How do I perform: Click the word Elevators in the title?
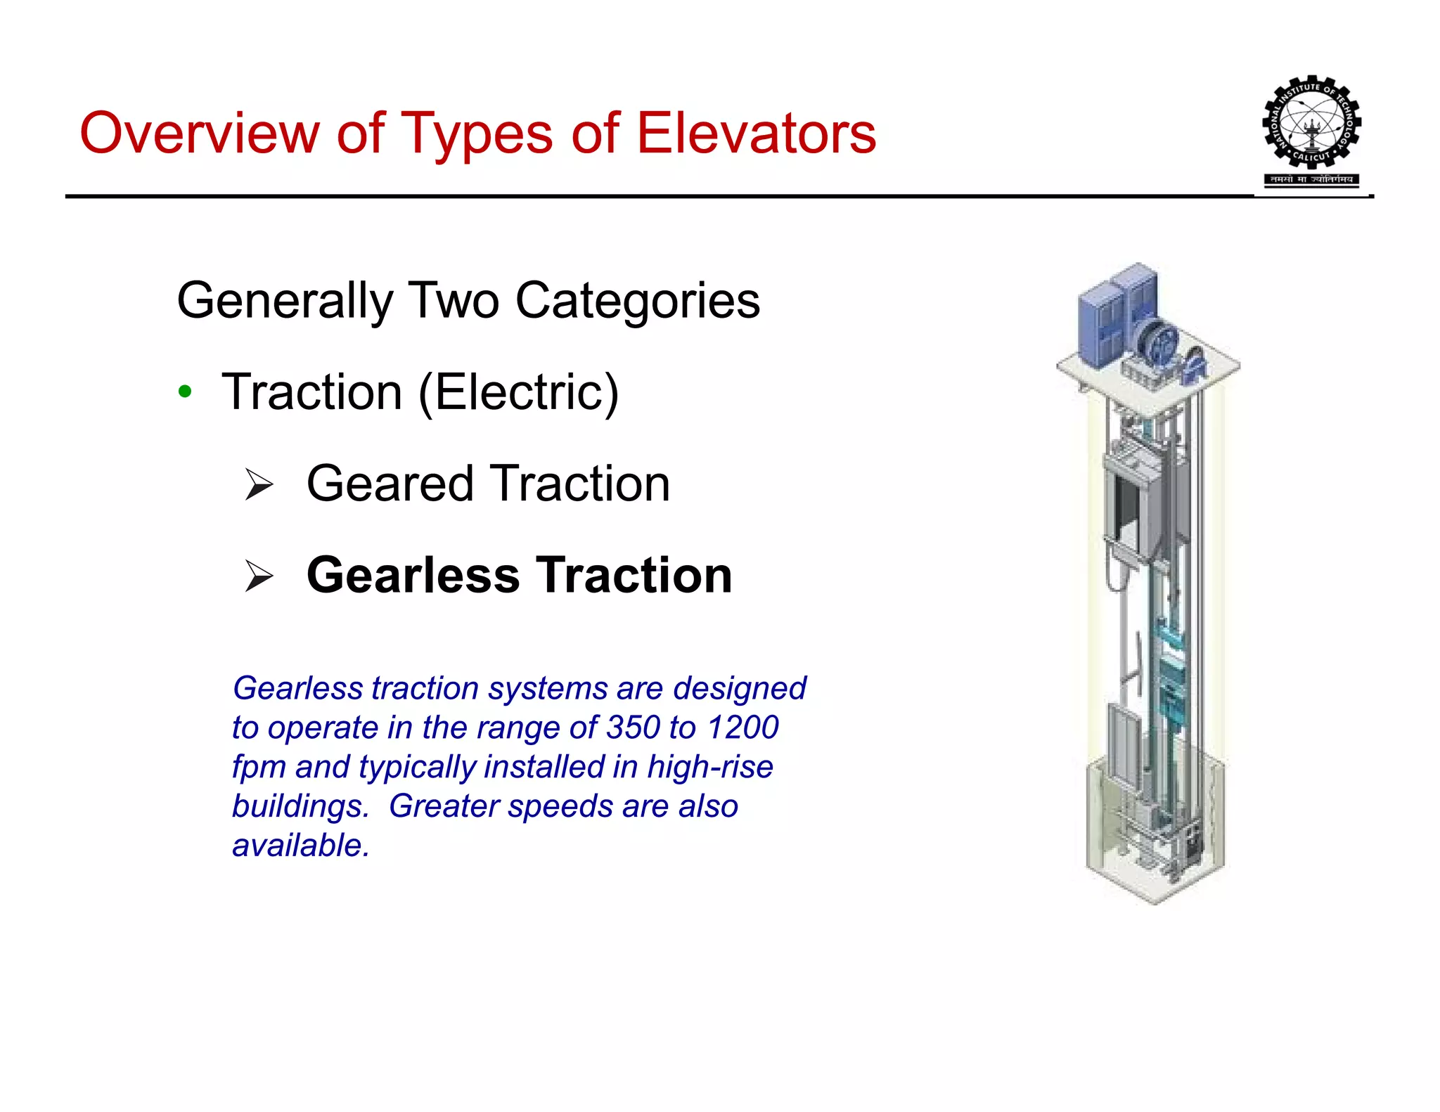click(756, 133)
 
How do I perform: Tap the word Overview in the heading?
click(199, 133)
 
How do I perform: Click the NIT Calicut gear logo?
click(1311, 122)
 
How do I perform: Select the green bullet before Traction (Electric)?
click(185, 392)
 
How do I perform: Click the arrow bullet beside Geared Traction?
click(259, 484)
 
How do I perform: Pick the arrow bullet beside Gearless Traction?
click(259, 576)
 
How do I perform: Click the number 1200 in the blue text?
click(742, 728)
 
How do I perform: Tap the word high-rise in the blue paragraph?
click(709, 767)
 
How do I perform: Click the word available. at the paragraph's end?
click(301, 846)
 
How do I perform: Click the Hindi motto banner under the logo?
click(1311, 179)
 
